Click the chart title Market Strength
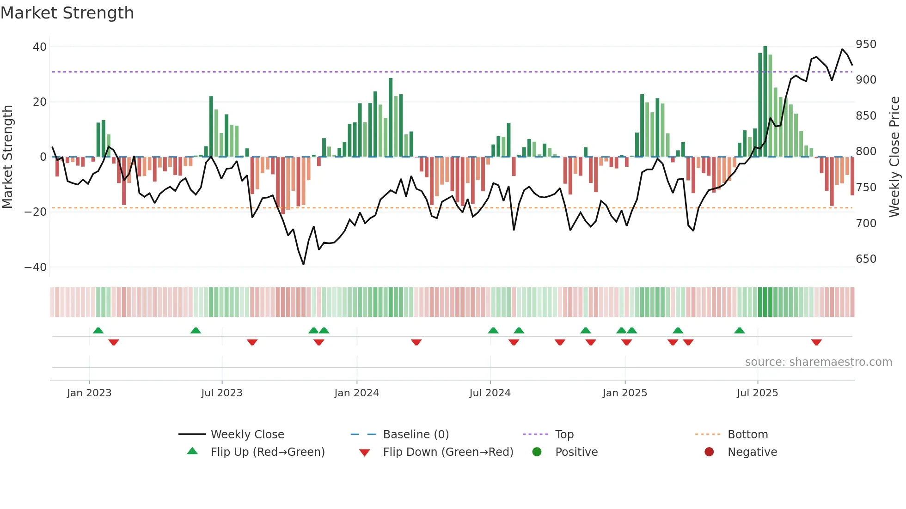point(67,13)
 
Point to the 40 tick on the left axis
point(40,47)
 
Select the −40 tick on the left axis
point(36,267)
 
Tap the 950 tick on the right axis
point(866,44)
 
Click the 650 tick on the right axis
point(866,259)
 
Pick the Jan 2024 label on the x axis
point(356,393)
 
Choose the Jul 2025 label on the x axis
point(757,393)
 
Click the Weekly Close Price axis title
point(894,157)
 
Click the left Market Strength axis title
point(8,157)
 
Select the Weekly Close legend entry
point(247,434)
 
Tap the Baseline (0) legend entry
point(416,434)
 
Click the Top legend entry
point(564,434)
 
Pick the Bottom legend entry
point(747,434)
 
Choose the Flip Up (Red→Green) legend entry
point(267,452)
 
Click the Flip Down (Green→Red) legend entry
point(448,452)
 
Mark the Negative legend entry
point(752,452)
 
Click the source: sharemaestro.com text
point(818,362)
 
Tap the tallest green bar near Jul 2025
point(765,102)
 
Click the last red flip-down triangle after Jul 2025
point(816,342)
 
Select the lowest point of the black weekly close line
point(303,264)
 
